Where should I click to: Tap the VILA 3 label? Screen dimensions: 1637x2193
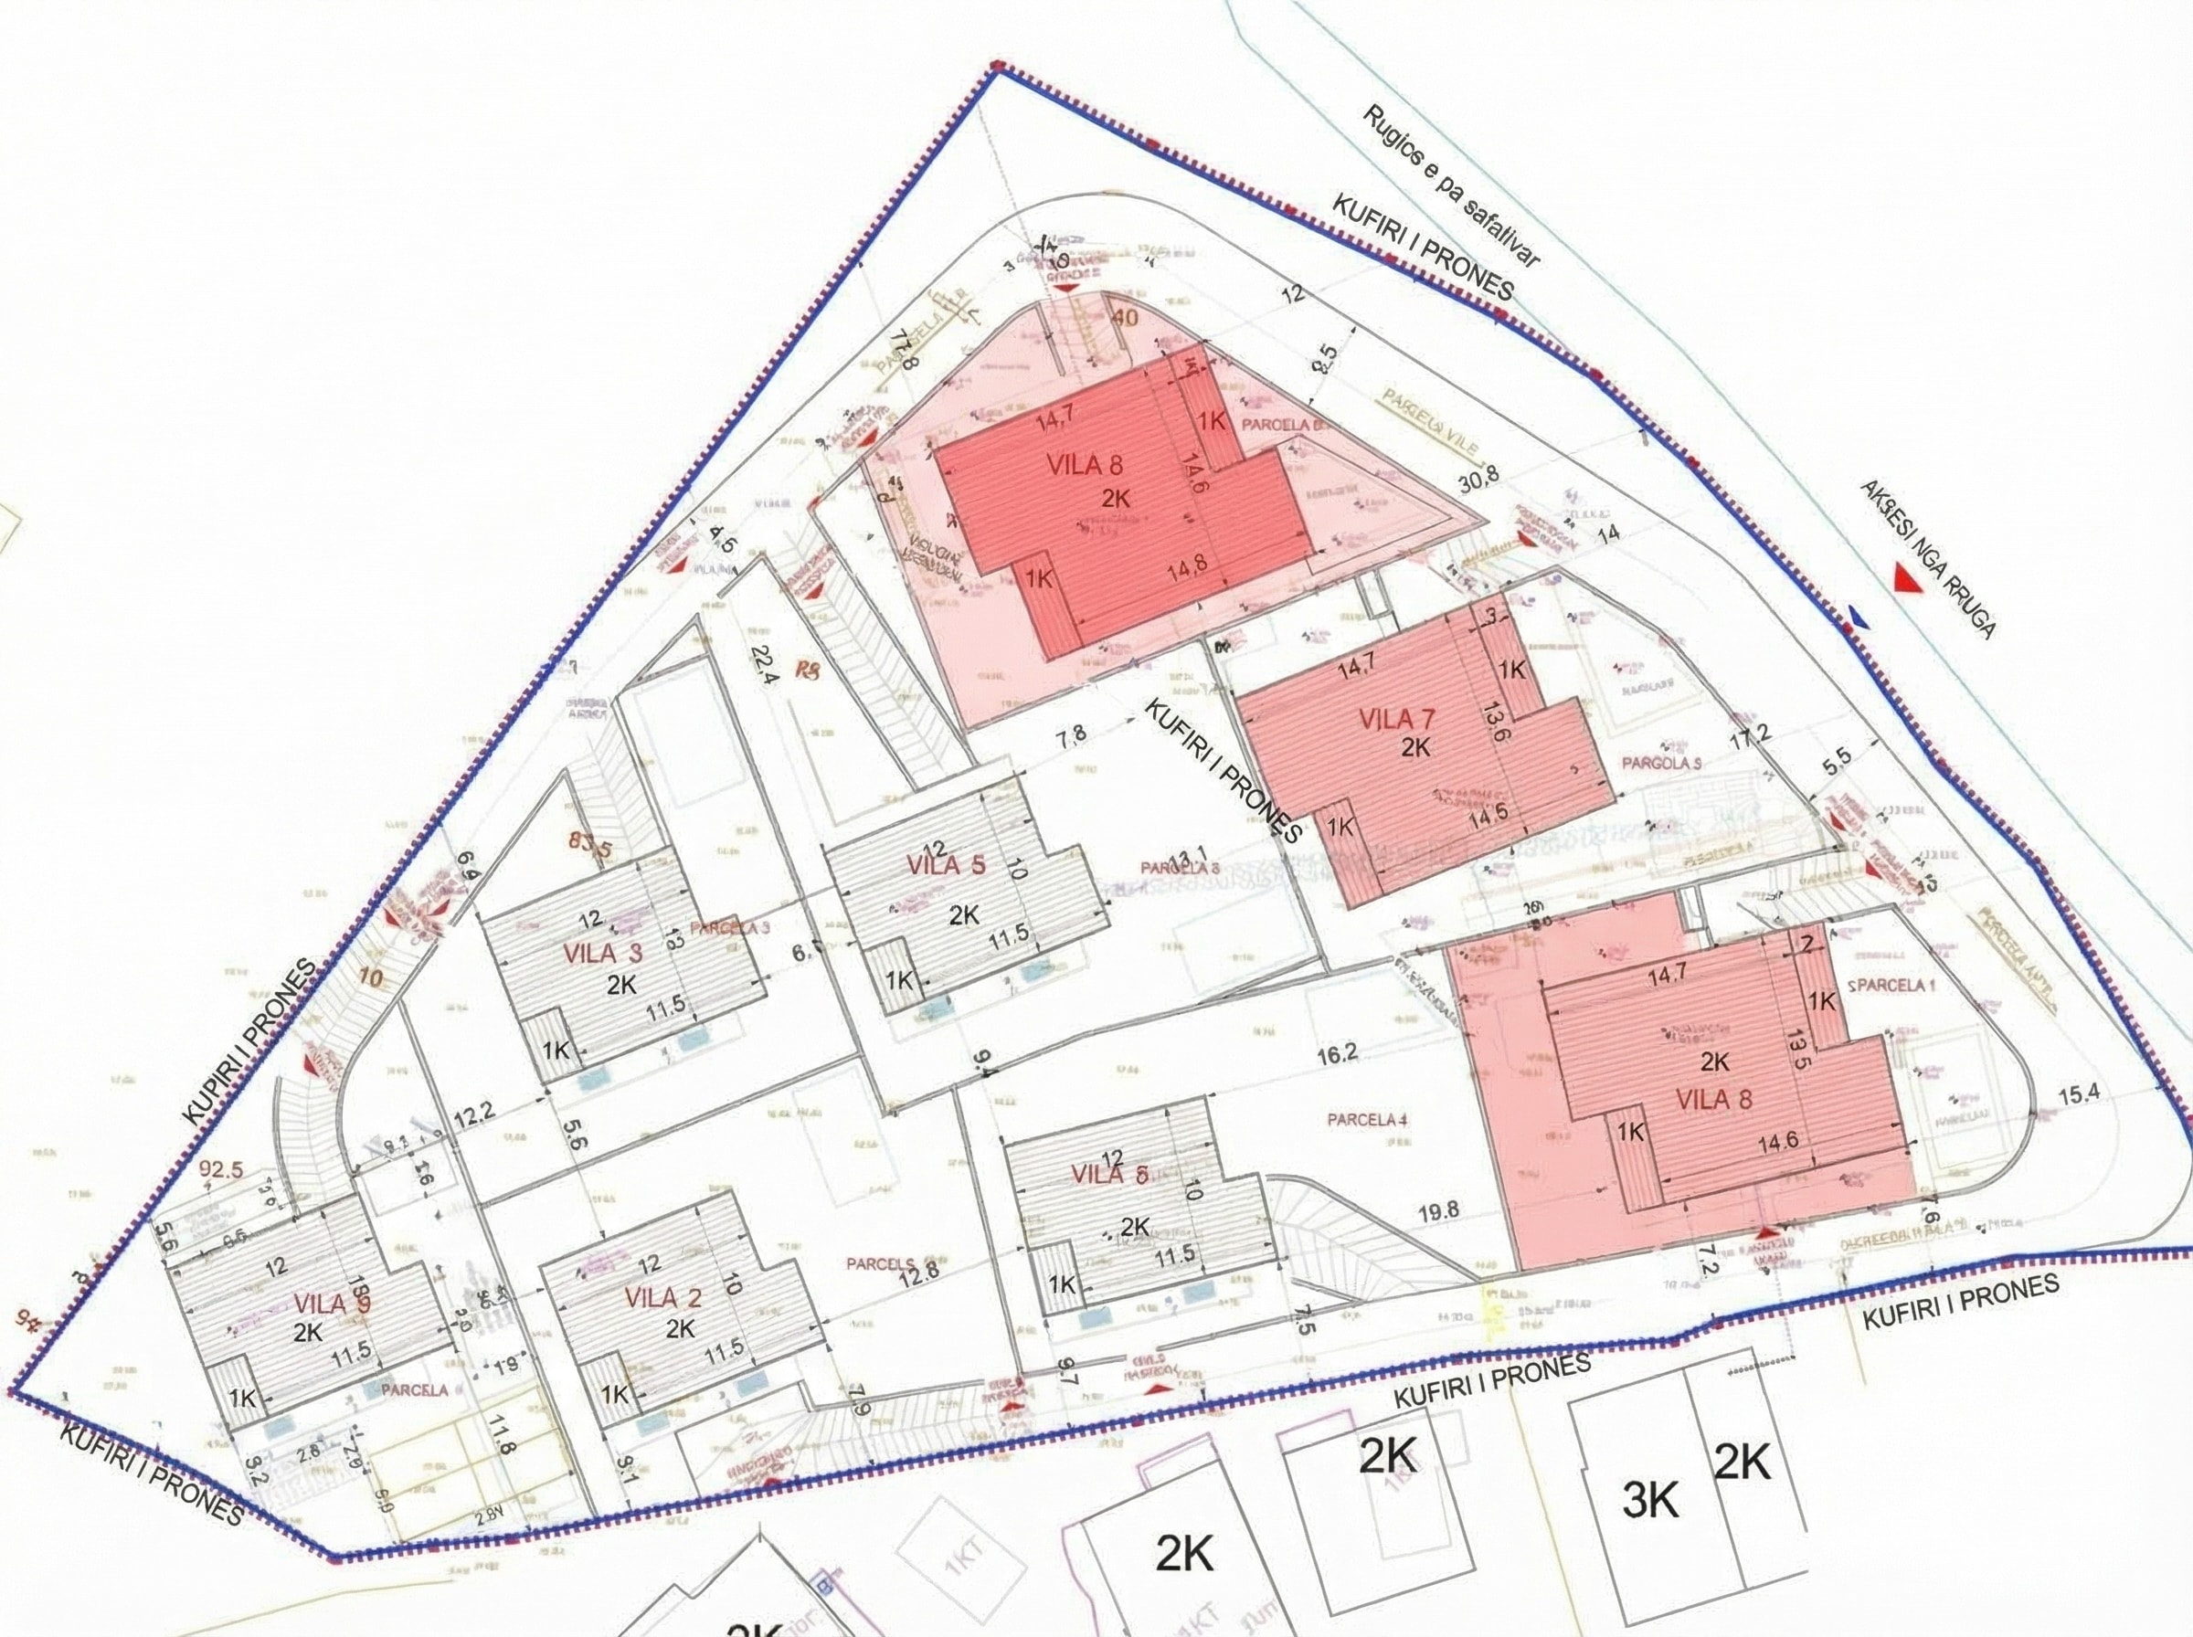click(602, 955)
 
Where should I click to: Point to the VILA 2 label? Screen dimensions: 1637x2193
click(664, 1297)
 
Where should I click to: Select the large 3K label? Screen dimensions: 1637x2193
click(1651, 1504)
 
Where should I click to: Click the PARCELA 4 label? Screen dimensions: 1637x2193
click(1367, 1121)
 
